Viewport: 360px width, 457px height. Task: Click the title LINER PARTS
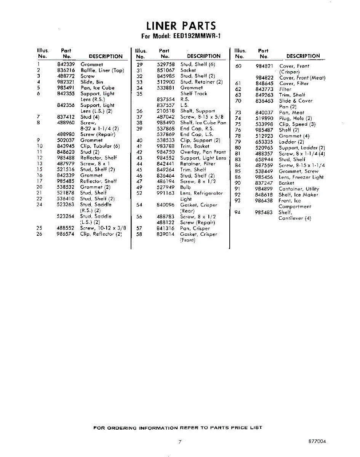point(181,26)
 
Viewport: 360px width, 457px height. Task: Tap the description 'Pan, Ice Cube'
point(97,88)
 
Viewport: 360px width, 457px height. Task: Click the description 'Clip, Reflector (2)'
point(101,234)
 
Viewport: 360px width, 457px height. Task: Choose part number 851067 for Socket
point(166,70)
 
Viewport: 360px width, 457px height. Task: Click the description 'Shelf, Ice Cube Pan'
point(203,123)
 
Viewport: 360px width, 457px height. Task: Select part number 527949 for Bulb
point(166,187)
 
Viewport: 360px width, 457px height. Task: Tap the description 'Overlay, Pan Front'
point(203,152)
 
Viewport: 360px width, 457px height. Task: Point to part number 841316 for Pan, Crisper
point(166,228)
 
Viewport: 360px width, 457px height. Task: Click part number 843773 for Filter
point(264,89)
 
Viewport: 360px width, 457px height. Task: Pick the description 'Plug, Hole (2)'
point(295,118)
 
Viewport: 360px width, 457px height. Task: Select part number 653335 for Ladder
point(264,142)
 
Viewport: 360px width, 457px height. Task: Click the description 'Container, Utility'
point(299,189)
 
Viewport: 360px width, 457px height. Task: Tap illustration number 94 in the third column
point(238,213)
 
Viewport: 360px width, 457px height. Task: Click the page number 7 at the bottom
point(179,442)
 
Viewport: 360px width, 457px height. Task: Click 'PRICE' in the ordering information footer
point(240,428)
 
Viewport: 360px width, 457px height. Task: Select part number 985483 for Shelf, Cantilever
point(264,213)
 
